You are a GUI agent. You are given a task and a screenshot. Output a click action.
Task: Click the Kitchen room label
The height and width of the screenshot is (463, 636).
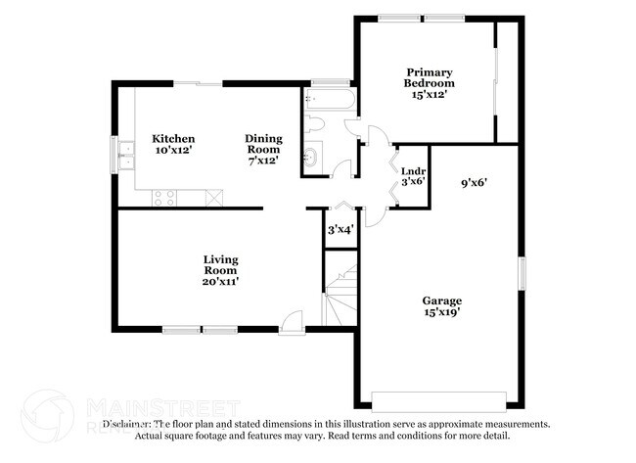point(173,139)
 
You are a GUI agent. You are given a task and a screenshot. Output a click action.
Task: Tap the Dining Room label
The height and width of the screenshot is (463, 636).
point(263,139)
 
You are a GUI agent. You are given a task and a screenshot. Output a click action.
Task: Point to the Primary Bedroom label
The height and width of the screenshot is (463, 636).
point(431,77)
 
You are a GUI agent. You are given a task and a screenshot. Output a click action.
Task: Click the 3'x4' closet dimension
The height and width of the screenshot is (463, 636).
point(340,230)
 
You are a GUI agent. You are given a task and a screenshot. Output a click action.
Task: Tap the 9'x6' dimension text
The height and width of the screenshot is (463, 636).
point(474,182)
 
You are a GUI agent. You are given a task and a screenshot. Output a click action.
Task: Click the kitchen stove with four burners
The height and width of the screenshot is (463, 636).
point(163,198)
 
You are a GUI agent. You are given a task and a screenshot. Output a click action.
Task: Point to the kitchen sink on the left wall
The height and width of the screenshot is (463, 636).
point(125,154)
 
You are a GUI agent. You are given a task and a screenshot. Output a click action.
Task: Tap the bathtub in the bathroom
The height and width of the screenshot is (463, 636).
point(325,101)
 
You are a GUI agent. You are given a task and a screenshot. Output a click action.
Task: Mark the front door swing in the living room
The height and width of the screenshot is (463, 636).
point(293,320)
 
